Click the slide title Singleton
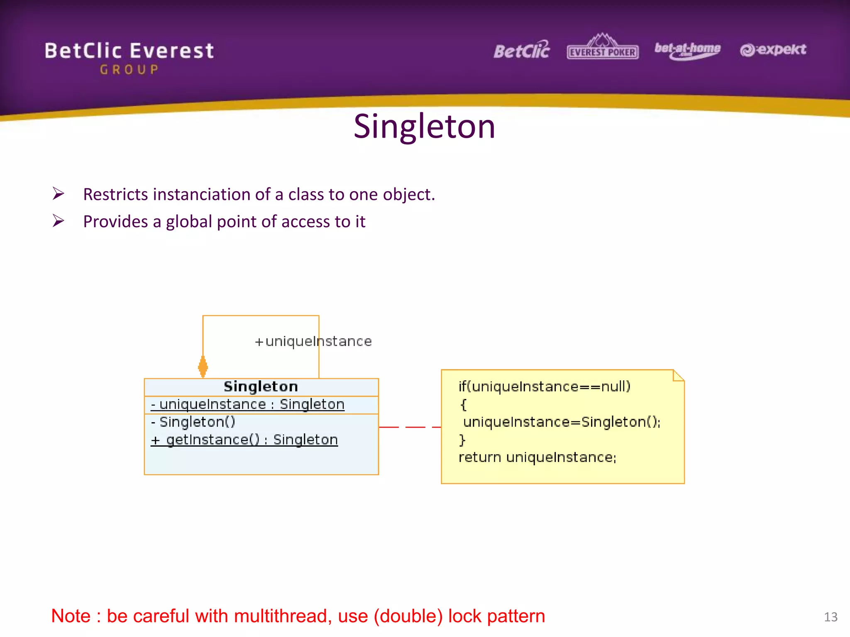(424, 126)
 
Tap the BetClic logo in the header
(521, 51)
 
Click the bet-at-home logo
(687, 50)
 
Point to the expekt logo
(773, 50)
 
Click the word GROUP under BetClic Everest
(129, 70)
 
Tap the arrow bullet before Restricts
(59, 194)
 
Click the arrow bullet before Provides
(59, 221)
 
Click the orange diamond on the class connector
(203, 367)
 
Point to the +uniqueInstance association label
(313, 341)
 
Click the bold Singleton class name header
(261, 387)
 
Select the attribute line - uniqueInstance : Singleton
(248, 404)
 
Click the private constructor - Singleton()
(193, 422)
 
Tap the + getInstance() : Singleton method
(244, 440)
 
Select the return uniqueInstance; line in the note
(537, 457)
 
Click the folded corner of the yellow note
(679, 375)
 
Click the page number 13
(830, 617)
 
